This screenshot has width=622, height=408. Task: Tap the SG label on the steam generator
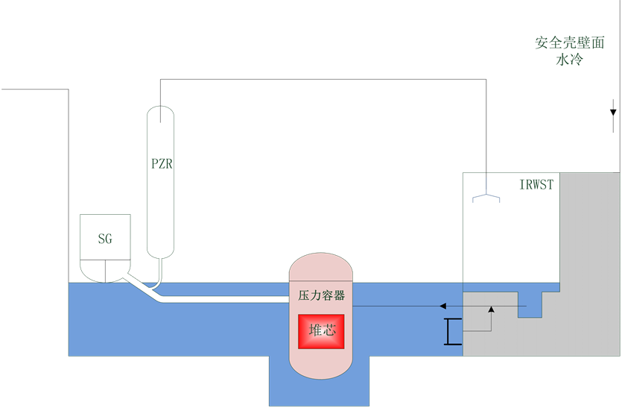click(x=105, y=239)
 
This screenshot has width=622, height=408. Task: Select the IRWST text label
click(x=536, y=184)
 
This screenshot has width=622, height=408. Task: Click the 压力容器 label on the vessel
click(x=321, y=295)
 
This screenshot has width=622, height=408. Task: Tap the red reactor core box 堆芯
click(x=322, y=330)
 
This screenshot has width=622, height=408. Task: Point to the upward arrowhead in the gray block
click(x=491, y=309)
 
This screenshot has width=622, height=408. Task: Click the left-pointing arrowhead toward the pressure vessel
click(x=442, y=306)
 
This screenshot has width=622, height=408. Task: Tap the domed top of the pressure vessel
click(x=321, y=265)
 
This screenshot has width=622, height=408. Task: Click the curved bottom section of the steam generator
click(x=105, y=270)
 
